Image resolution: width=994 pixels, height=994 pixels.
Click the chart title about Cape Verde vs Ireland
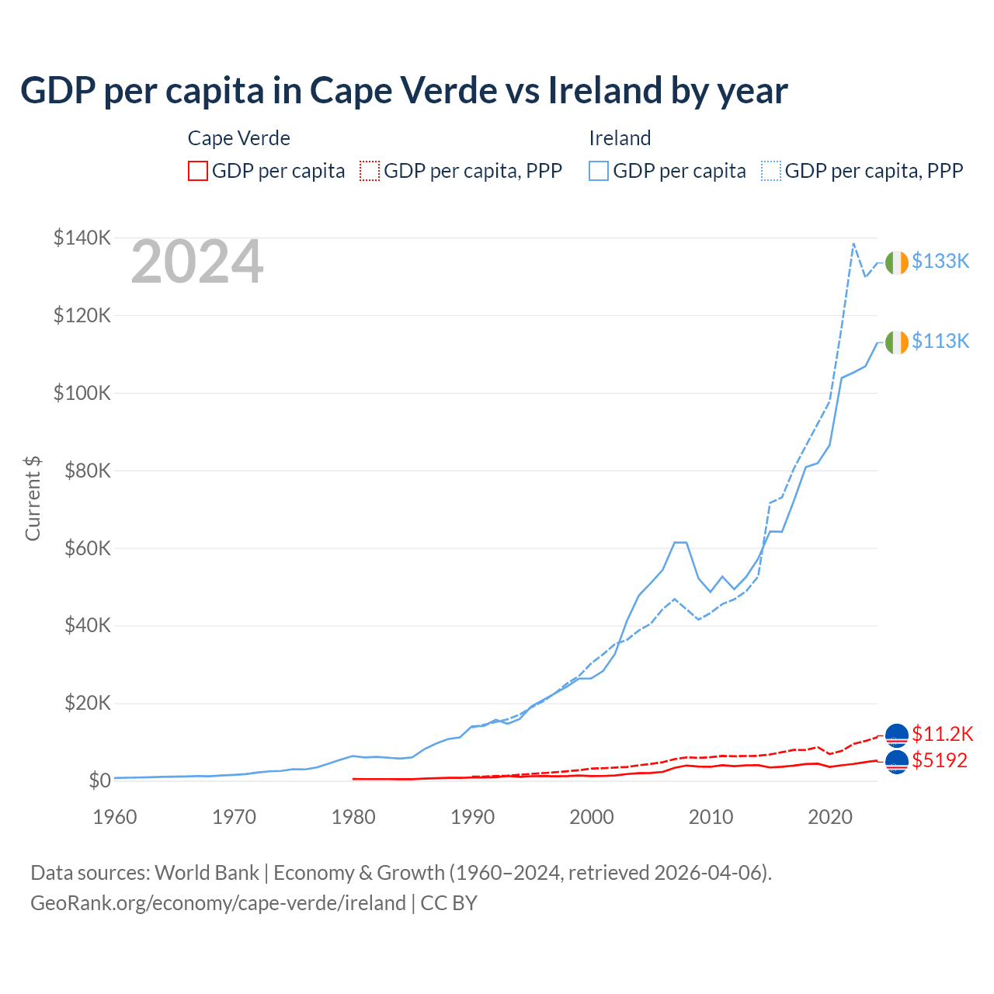click(404, 90)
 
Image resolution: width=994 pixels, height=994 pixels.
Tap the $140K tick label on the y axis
click(82, 238)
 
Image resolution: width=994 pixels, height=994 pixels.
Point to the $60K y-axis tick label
click(86, 548)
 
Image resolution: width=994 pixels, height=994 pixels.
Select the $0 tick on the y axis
click(99, 780)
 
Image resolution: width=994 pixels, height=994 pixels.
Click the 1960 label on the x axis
click(115, 817)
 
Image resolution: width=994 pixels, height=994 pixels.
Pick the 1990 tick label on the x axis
click(473, 817)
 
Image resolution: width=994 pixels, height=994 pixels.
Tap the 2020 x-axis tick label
click(830, 817)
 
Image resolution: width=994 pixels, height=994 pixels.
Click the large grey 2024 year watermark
click(197, 262)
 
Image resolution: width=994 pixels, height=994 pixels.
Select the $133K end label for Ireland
click(940, 261)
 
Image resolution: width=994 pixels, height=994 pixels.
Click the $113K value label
click(940, 341)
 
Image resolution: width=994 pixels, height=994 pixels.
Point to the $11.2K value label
click(942, 734)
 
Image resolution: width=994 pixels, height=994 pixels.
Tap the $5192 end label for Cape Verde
click(940, 760)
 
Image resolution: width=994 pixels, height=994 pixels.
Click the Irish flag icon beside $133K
click(897, 262)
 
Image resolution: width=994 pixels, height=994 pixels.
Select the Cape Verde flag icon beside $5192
click(897, 762)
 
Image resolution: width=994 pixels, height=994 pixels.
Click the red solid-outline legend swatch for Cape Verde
click(198, 171)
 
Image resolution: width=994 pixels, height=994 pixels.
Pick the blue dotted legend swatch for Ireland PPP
click(771, 171)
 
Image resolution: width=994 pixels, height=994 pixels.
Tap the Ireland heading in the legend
click(620, 138)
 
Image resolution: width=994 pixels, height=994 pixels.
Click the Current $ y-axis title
click(33, 499)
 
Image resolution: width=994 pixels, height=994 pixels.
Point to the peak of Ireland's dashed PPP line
click(853, 243)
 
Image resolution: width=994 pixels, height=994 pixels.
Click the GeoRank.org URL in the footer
click(218, 903)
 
